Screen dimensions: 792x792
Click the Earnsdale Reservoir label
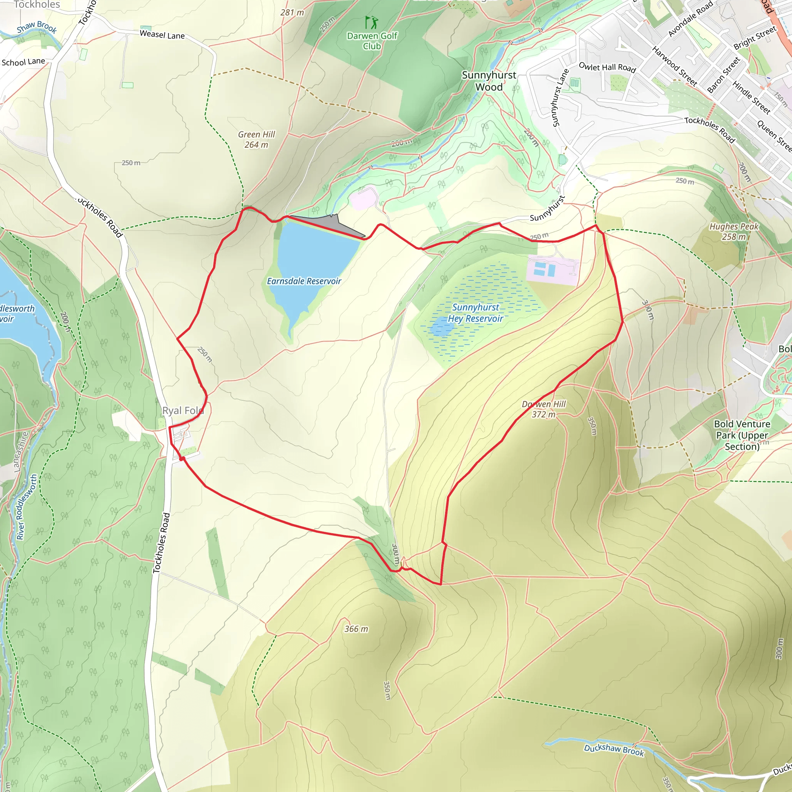[x=304, y=281]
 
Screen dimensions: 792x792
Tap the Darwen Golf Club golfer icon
[x=371, y=22]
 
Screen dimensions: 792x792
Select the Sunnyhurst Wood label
[x=489, y=81]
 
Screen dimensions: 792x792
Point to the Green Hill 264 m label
[x=257, y=139]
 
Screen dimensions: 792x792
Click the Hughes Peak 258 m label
[x=734, y=231]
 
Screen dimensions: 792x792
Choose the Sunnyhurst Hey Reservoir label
[x=476, y=313]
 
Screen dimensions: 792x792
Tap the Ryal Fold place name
[x=183, y=410]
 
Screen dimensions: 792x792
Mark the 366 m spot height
[x=356, y=629]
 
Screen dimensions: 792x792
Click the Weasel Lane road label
[x=162, y=35]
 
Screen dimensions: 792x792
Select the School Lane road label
[x=23, y=62]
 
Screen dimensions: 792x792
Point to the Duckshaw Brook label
[x=614, y=750]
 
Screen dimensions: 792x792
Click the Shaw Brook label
[x=37, y=27]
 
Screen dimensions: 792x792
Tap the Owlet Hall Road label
[x=607, y=68]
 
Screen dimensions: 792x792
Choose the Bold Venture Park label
[x=742, y=435]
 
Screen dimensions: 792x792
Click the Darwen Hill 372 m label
[x=544, y=409]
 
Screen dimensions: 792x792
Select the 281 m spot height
[x=292, y=13]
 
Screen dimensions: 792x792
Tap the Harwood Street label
[x=674, y=66]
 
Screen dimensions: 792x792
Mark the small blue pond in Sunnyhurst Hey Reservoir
[x=442, y=328]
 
